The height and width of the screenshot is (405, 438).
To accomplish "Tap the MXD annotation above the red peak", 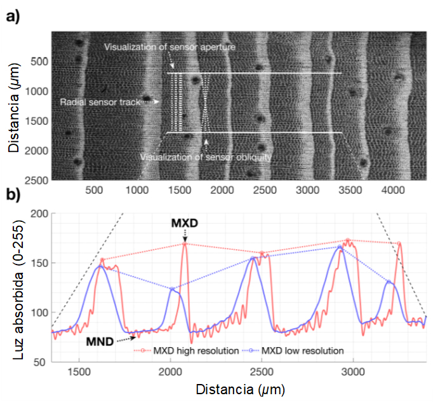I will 185,224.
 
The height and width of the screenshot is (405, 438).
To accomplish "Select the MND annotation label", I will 101,342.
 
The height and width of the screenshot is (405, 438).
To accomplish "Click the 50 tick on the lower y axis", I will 39,362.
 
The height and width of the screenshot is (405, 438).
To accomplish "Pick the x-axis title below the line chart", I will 239,388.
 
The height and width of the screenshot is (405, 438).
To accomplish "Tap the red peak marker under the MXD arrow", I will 185,244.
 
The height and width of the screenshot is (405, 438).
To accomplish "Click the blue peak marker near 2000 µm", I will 171,289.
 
